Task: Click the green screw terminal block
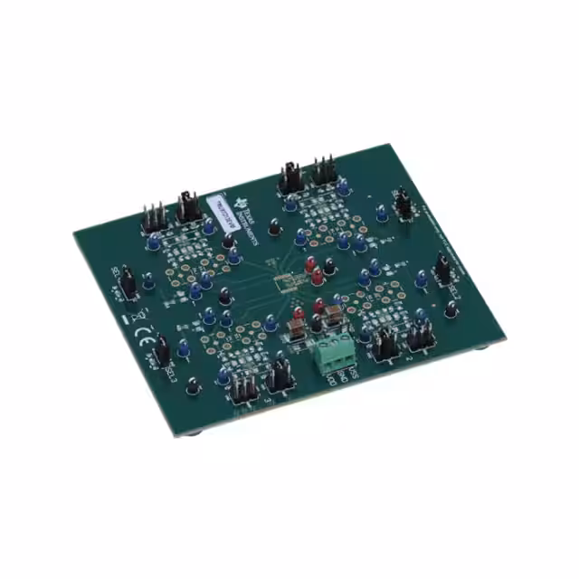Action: (334, 355)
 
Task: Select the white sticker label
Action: (221, 214)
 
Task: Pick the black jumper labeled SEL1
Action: (128, 282)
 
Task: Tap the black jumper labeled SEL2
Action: (443, 268)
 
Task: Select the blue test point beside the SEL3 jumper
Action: (182, 346)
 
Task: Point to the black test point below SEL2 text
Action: (450, 309)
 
